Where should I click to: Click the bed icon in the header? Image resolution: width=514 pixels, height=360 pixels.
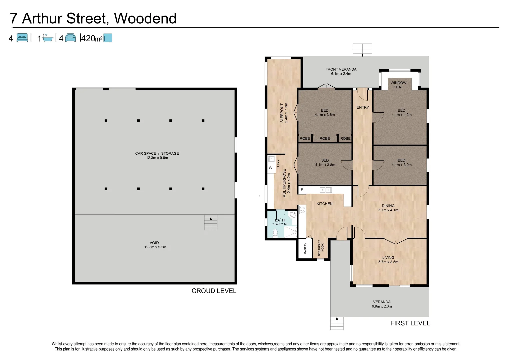(22, 38)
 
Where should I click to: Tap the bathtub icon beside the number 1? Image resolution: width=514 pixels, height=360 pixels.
(48, 38)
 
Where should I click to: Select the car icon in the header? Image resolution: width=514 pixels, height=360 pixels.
(70, 38)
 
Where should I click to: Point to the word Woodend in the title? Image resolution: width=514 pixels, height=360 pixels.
(145, 18)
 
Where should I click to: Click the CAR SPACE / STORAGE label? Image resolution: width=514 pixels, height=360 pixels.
(157, 153)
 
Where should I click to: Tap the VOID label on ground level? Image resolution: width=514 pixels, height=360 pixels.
(154, 243)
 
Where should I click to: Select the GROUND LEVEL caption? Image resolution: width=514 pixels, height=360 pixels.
(214, 291)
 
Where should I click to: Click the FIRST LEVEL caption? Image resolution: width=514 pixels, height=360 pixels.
(410, 323)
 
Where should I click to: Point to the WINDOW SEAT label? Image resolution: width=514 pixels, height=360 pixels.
(398, 85)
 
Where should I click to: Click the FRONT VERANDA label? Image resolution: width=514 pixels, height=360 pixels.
(341, 69)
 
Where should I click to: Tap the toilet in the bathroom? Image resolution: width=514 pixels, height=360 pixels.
(275, 232)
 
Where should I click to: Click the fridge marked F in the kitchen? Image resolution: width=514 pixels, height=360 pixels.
(302, 190)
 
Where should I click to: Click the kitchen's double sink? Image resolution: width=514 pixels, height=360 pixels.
(325, 190)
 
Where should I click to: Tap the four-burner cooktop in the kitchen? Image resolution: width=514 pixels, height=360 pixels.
(302, 210)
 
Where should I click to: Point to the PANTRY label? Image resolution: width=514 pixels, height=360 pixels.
(305, 248)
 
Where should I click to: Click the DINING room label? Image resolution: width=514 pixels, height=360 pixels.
(388, 206)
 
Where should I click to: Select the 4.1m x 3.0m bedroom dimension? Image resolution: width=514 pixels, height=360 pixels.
(401, 165)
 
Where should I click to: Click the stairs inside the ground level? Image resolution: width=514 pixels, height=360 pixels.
(211, 223)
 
